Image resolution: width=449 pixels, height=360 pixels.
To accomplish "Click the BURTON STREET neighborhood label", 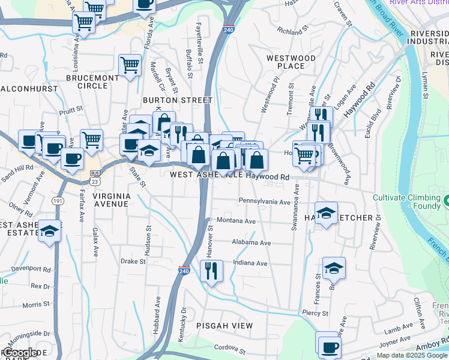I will tap(178, 100).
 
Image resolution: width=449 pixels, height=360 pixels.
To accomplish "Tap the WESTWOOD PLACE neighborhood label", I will tap(291, 62).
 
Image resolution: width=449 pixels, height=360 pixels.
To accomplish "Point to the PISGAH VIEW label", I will tap(224, 325).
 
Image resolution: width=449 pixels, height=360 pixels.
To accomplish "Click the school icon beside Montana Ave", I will tap(326, 213).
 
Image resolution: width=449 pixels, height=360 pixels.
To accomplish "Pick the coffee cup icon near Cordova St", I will tap(329, 347).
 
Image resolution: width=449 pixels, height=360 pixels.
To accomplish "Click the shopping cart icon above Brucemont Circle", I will tap(130, 64).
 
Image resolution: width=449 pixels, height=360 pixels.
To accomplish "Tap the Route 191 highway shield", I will tap(58, 200).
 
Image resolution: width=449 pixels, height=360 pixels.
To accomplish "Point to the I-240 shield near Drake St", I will tap(184, 271).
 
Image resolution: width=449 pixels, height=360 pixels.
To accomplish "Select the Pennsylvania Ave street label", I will tap(264, 202).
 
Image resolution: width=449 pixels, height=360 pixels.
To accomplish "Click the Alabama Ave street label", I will tap(252, 243).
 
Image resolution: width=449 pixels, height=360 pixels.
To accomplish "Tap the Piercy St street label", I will tap(315, 313).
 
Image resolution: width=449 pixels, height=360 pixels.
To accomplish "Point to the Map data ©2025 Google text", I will tap(411, 355).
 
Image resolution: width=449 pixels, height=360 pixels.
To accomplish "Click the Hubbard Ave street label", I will tap(158, 313).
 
